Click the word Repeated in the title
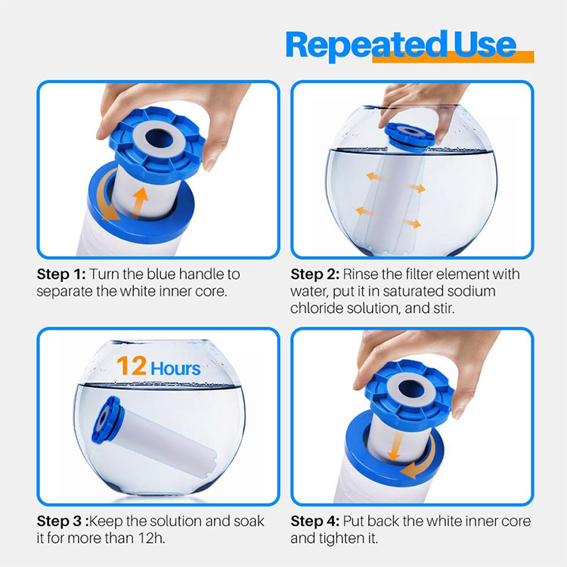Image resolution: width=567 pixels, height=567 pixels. click(366, 46)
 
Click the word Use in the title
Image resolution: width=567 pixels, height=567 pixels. click(485, 44)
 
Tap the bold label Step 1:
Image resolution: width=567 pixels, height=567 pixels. click(61, 274)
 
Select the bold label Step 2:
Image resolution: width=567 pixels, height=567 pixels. click(315, 274)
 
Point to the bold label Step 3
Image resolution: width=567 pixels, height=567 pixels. click(59, 522)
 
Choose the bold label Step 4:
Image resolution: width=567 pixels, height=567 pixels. click(315, 522)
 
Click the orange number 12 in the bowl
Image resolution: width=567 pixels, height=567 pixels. click(132, 366)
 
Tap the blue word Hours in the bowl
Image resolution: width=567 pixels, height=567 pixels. click(175, 368)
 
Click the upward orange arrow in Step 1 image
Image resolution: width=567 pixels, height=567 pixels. click(139, 203)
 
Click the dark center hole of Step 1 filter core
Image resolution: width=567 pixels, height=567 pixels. click(159, 138)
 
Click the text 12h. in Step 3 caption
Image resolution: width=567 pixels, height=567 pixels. click(151, 538)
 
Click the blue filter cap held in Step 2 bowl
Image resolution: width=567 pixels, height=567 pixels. click(410, 136)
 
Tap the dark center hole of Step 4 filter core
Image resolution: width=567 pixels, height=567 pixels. click(411, 390)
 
